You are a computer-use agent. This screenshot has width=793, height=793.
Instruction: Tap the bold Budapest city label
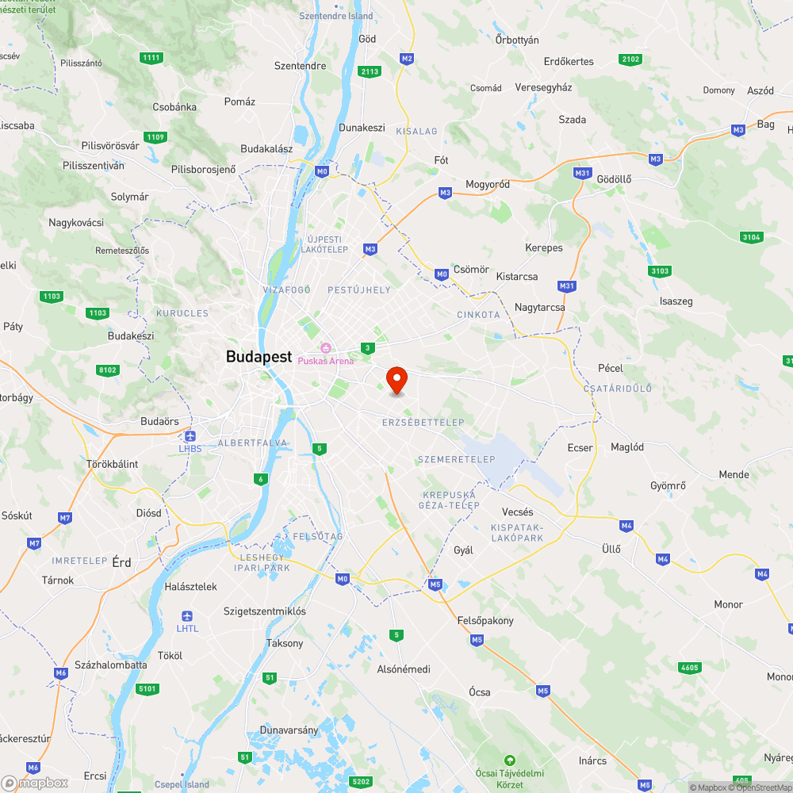pyautogui.click(x=259, y=357)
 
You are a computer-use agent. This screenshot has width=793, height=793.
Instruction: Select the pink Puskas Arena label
pyautogui.click(x=326, y=361)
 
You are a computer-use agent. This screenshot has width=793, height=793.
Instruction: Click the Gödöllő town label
pyautogui.click(x=614, y=179)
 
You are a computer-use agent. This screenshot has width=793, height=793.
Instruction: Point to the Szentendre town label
pyautogui.click(x=300, y=66)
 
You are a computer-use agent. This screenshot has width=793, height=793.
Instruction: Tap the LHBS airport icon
pyautogui.click(x=190, y=436)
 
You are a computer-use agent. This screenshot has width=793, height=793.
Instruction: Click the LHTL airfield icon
pyautogui.click(x=187, y=616)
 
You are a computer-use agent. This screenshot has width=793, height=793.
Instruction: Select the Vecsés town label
pyautogui.click(x=518, y=512)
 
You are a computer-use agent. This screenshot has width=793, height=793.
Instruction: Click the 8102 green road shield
pyautogui.click(x=108, y=370)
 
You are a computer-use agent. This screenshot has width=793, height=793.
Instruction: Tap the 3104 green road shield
pyautogui.click(x=750, y=237)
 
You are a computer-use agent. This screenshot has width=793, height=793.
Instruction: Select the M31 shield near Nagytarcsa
pyautogui.click(x=566, y=285)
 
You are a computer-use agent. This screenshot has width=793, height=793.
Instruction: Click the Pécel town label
pyautogui.click(x=611, y=369)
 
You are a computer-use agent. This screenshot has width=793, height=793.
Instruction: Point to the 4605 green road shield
pyautogui.click(x=689, y=668)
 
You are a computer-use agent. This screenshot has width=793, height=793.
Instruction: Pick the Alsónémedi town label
pyautogui.click(x=404, y=669)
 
